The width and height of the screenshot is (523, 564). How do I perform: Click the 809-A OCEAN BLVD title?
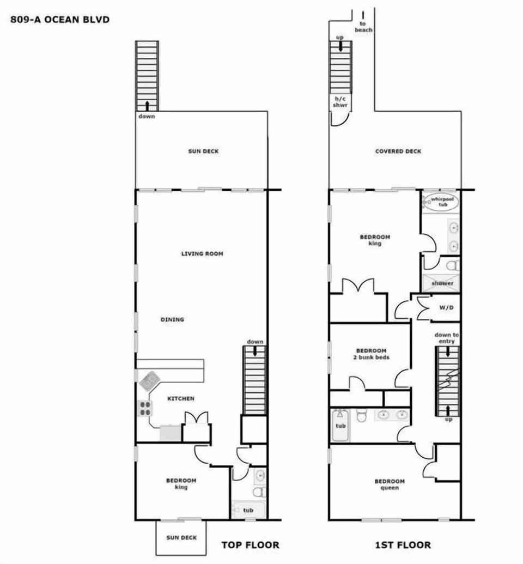(60, 20)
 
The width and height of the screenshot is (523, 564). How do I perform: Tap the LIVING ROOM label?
(202, 253)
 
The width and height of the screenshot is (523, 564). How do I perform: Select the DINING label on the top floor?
(172, 319)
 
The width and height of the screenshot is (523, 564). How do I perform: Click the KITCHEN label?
(180, 398)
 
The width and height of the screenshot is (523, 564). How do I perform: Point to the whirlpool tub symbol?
(441, 202)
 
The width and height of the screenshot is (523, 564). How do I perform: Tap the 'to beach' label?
(363, 27)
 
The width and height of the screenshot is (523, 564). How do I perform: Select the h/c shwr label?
(340, 102)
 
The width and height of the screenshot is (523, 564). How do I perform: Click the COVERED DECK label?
(398, 151)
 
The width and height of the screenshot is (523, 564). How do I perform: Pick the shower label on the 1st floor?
(442, 283)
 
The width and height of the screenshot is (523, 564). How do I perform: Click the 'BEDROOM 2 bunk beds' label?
(371, 354)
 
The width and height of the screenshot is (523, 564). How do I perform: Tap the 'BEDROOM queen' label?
(390, 484)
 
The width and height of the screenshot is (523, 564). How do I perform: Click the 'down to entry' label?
(445, 338)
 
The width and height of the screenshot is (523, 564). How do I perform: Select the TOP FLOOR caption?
(250, 544)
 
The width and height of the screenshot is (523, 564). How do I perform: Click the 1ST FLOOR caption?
(403, 544)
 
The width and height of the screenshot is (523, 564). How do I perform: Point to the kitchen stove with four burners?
(144, 408)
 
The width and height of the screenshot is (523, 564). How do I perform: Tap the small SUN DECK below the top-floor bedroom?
(181, 538)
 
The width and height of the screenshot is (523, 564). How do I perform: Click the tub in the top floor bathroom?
(248, 511)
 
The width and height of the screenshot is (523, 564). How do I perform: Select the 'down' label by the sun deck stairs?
(146, 116)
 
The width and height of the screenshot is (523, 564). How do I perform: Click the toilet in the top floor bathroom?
(259, 492)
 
